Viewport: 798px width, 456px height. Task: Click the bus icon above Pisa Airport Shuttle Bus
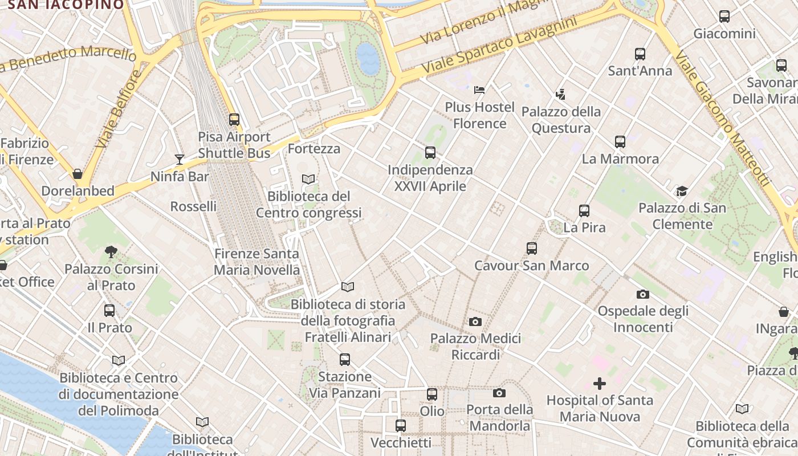coord(234,120)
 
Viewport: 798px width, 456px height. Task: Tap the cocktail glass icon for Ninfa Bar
coord(180,160)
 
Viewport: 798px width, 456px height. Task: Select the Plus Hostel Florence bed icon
coord(479,89)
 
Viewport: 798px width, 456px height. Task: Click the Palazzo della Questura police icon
coord(561,94)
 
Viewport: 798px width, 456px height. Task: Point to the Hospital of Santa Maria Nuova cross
coord(600,384)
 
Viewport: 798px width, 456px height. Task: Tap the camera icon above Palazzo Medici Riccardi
coord(475,322)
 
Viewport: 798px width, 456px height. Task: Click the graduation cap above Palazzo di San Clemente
coord(682,191)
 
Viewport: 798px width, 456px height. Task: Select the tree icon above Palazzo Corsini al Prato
coord(111,251)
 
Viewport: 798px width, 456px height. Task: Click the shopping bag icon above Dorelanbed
coord(78,174)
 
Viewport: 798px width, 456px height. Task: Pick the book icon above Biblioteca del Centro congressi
coord(308,179)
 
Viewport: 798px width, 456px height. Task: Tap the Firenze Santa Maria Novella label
coord(256,262)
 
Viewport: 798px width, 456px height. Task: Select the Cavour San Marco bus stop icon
coord(532,249)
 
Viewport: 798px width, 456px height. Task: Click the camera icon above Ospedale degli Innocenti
coord(643,294)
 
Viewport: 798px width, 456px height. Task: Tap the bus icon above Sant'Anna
coord(640,54)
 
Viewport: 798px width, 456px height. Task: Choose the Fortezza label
coord(314,149)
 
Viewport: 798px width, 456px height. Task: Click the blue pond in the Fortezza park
coord(368,59)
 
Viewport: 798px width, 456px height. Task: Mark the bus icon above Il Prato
coord(109,311)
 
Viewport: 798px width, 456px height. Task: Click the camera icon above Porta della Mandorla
coord(499,393)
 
